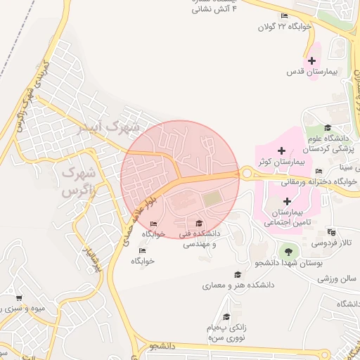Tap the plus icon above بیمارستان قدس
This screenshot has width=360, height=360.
pyautogui.click(x=312, y=60)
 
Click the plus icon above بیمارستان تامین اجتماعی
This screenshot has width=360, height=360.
pyautogui.click(x=287, y=201)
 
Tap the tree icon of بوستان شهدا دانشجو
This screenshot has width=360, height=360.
pyautogui.click(x=286, y=251)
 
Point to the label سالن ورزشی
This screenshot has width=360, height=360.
pyautogui.click(x=337, y=279)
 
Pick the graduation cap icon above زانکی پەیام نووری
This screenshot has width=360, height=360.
pyautogui.click(x=226, y=317)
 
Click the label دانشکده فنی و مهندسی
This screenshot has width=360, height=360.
pyautogui.click(x=199, y=238)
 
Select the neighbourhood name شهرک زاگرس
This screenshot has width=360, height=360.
pyautogui.click(x=77, y=181)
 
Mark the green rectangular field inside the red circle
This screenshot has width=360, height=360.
pyautogui.click(x=212, y=200)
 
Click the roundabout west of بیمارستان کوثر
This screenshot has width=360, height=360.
pyautogui.click(x=246, y=173)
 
